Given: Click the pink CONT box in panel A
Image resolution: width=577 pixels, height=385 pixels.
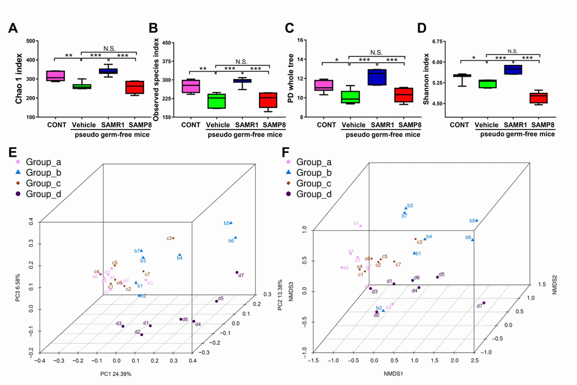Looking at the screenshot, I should [x=55, y=76].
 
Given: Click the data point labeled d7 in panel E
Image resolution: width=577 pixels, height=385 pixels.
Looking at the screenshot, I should [x=237, y=272].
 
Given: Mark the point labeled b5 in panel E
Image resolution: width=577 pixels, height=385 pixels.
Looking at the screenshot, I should [x=231, y=223].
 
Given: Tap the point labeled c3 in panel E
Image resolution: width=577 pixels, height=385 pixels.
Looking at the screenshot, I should [x=174, y=238].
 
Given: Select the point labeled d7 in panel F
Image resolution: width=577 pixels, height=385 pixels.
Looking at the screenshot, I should [x=484, y=303].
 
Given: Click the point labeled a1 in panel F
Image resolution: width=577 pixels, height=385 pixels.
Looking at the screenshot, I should [x=361, y=226].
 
